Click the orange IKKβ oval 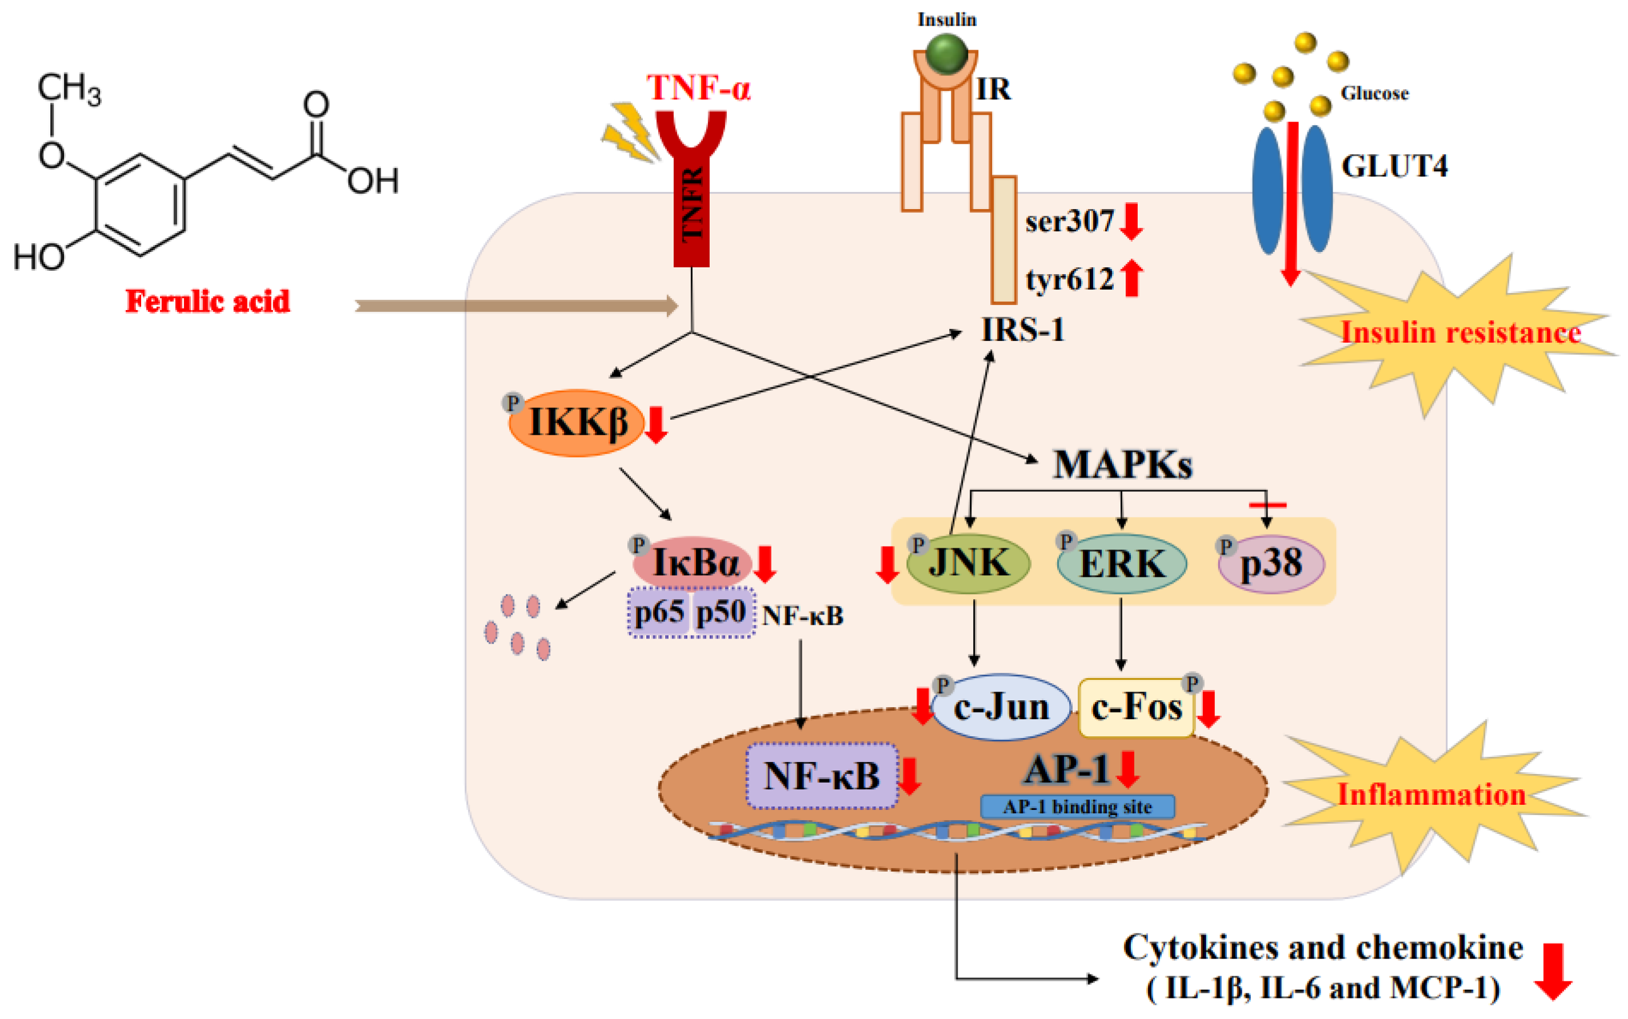point(577,423)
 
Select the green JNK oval point(968,563)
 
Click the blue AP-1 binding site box point(1077,807)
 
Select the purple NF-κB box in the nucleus point(821,776)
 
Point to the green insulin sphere point(946,53)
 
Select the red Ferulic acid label point(207,301)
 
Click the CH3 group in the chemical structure point(69,89)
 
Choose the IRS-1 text point(1023,330)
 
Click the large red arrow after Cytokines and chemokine point(1553,970)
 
